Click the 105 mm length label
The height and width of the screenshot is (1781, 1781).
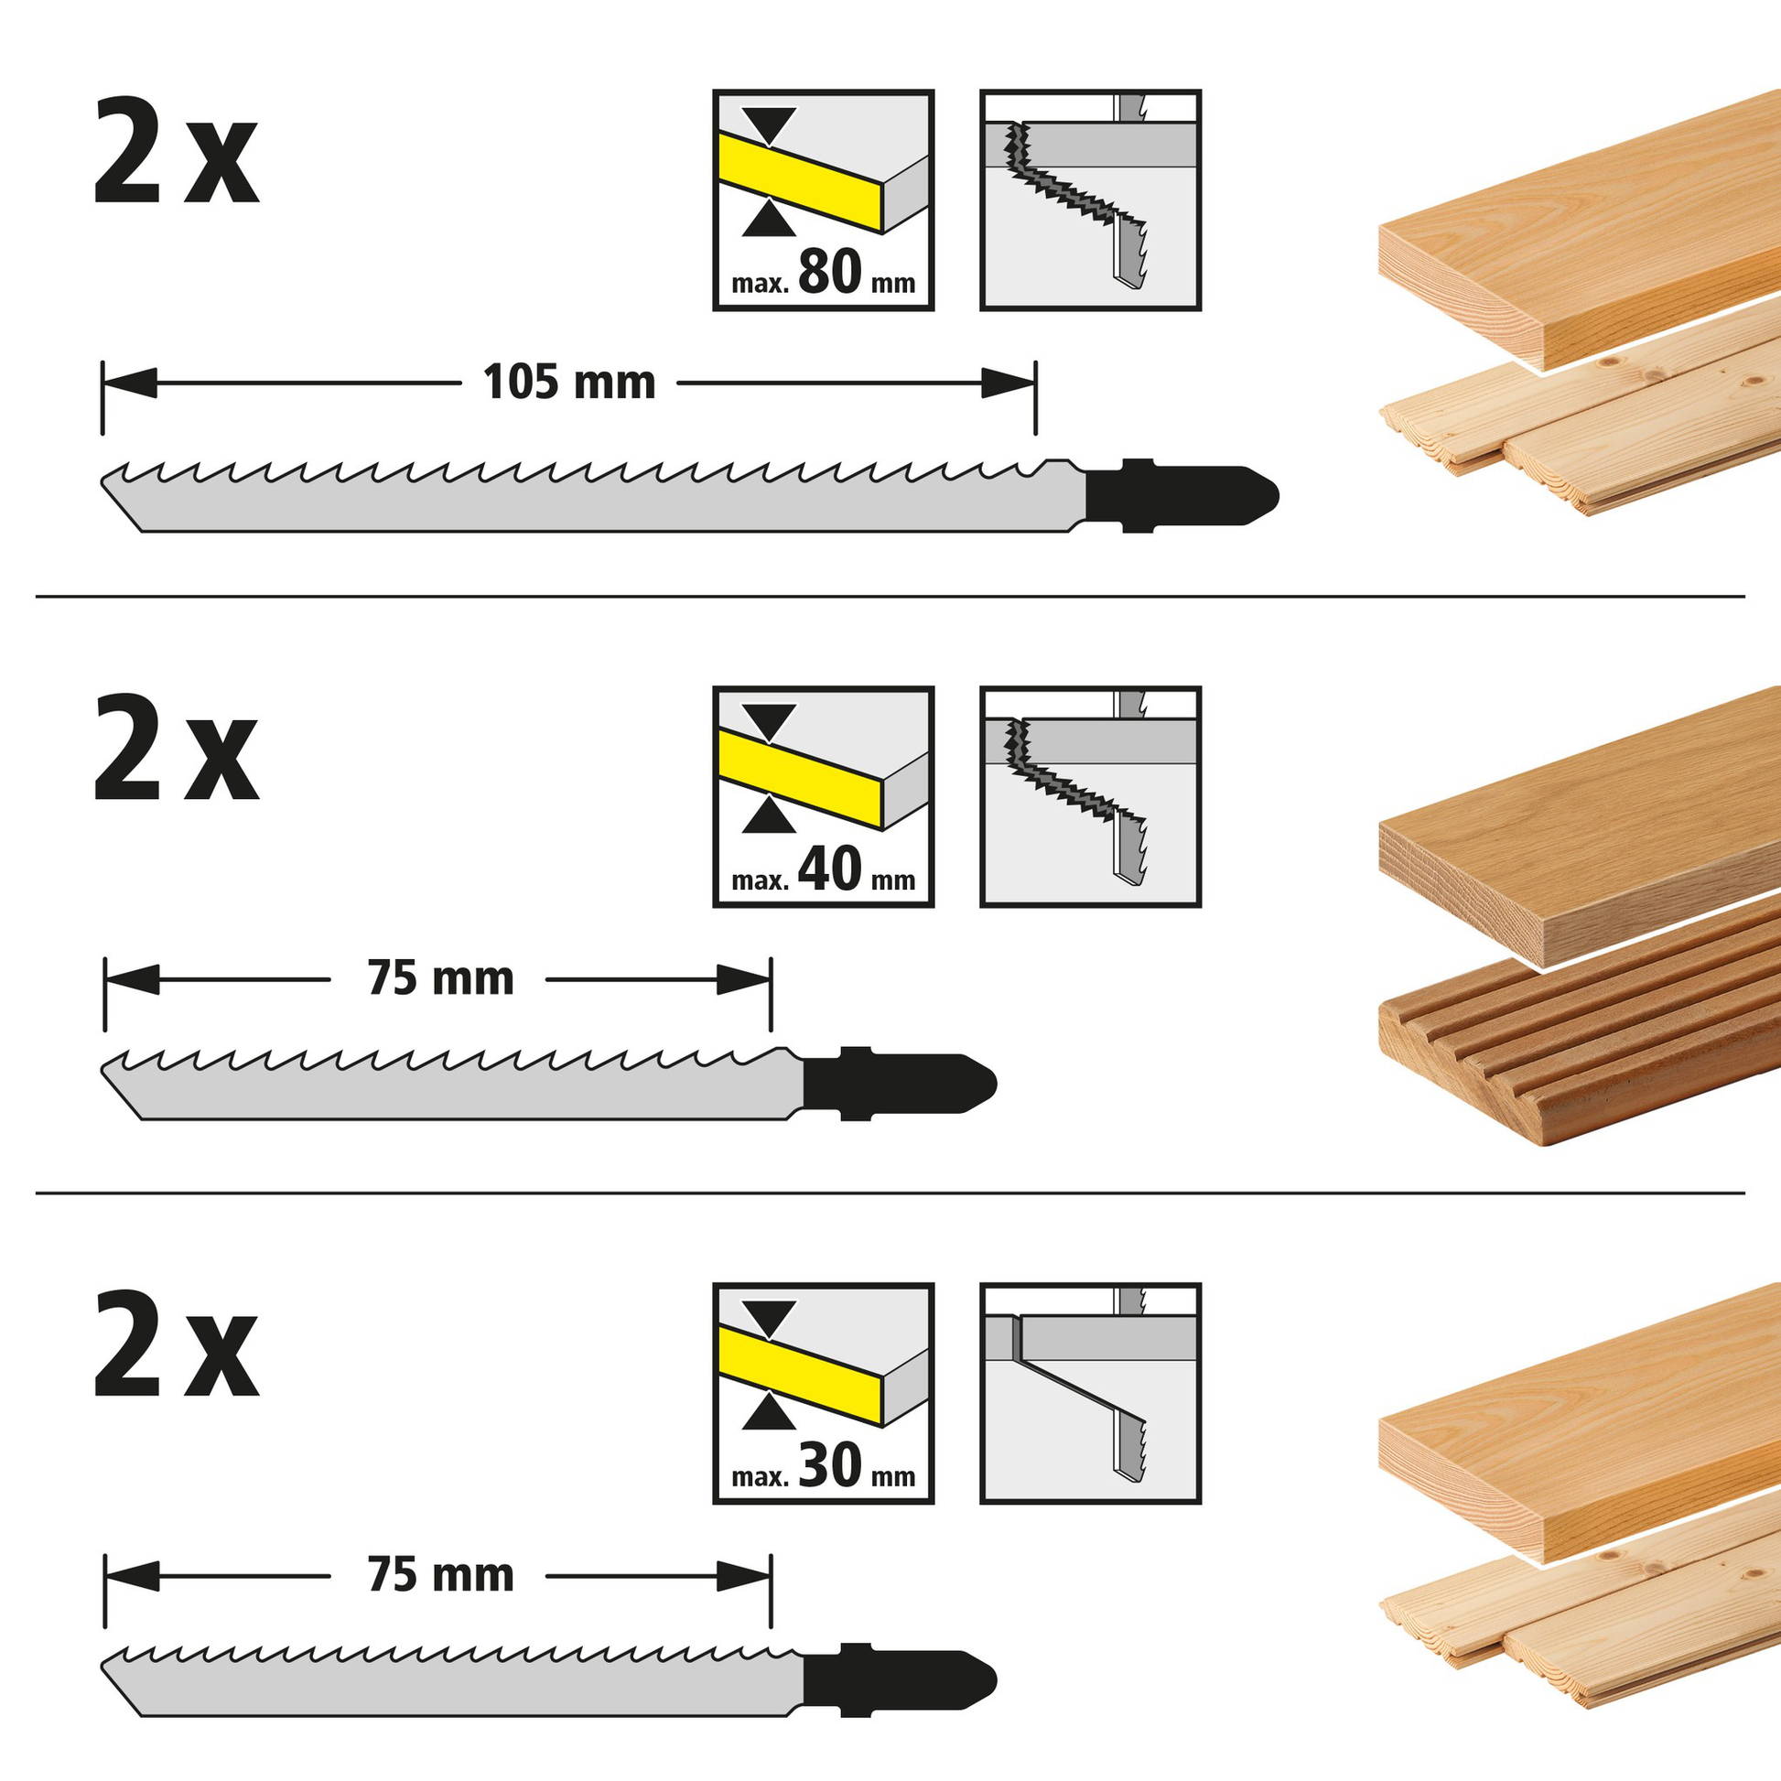pyautogui.click(x=568, y=382)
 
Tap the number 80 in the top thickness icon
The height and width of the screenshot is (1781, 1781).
pyautogui.click(x=830, y=272)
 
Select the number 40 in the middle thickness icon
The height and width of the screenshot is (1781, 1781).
pyautogui.click(x=830, y=869)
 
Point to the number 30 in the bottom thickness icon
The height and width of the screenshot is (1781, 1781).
pyautogui.click(x=830, y=1465)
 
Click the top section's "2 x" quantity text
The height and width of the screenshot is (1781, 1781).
pyautogui.click(x=175, y=151)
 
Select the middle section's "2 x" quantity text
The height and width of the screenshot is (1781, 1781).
pyautogui.click(x=175, y=748)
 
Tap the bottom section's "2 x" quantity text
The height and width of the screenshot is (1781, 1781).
pyautogui.click(x=175, y=1344)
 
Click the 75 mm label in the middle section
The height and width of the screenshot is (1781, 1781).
pyautogui.click(x=440, y=978)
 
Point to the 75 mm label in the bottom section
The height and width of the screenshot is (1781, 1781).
pyautogui.click(x=440, y=1574)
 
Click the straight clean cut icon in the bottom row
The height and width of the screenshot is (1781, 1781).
pyautogui.click(x=1091, y=1393)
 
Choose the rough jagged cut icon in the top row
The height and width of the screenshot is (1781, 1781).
pyautogui.click(x=1091, y=200)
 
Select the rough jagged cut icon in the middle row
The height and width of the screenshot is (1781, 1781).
pyautogui.click(x=1091, y=796)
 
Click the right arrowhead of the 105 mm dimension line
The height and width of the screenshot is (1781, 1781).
pyautogui.click(x=1009, y=383)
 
